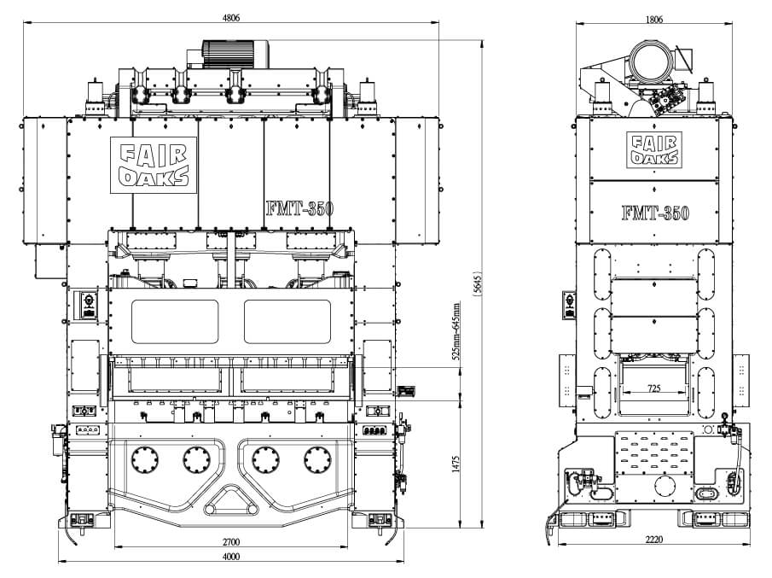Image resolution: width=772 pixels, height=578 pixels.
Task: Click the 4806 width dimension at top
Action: pos(230,17)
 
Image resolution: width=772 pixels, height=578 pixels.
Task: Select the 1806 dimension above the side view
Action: pos(654,18)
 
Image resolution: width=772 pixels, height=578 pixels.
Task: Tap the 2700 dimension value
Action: pos(230,541)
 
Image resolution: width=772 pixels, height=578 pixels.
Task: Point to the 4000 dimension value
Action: pos(230,557)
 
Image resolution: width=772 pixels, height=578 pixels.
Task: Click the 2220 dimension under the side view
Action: pos(654,539)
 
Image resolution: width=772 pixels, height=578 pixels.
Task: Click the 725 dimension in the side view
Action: pos(653,388)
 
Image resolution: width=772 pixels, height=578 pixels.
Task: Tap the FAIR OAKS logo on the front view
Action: pos(155,166)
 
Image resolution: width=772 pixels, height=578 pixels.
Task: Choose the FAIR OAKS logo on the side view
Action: pos(653,149)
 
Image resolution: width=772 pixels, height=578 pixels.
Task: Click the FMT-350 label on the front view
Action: pos(299,207)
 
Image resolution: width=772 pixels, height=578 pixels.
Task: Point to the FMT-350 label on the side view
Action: pos(654,213)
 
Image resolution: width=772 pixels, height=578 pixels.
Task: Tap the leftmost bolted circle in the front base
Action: pos(142,460)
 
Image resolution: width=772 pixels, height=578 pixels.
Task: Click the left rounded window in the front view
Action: pos(174,321)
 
